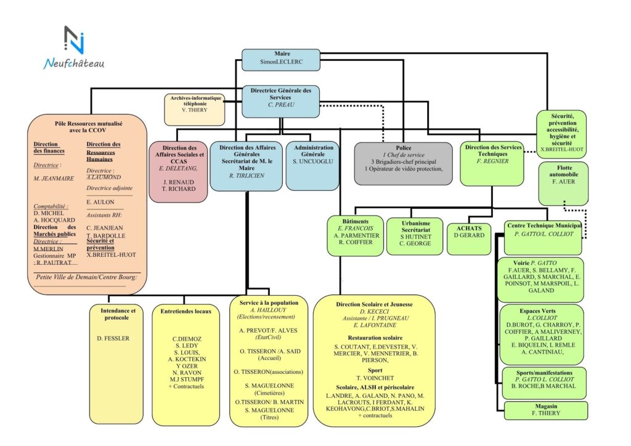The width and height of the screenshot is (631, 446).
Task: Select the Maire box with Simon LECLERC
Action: pos(280,59)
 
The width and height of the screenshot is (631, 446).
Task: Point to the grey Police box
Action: pos(403,163)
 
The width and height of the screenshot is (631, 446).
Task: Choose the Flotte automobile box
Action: pos(563,183)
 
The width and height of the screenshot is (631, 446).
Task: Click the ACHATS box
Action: pos(469,238)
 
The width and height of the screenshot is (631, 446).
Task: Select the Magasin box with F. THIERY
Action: pos(544,410)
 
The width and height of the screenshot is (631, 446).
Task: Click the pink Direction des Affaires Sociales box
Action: pos(179,172)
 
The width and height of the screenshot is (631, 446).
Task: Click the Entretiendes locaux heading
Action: pos(185,312)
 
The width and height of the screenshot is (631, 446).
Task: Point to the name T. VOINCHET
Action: pos(375,377)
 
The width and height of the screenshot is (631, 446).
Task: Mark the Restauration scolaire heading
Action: pos(375,338)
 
